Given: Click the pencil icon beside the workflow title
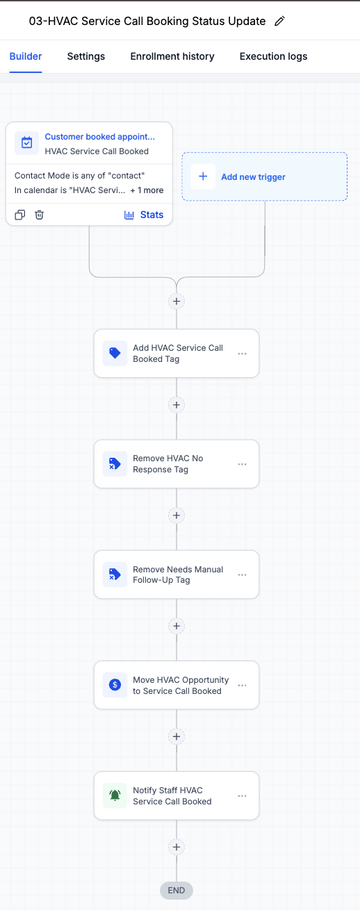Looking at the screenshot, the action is pyautogui.click(x=279, y=21).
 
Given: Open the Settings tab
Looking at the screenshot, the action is pyautogui.click(x=85, y=56).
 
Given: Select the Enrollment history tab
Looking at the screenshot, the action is pyautogui.click(x=172, y=56).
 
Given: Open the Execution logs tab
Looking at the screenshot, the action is pyautogui.click(x=273, y=56).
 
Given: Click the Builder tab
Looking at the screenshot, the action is pyautogui.click(x=26, y=56).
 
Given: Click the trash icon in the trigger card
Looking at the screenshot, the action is pyautogui.click(x=39, y=215).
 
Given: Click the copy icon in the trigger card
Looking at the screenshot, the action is pyautogui.click(x=20, y=215).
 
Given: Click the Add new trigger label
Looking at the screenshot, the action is pyautogui.click(x=253, y=176).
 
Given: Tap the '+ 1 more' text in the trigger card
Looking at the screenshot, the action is pyautogui.click(x=147, y=190).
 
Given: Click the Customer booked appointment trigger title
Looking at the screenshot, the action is pyautogui.click(x=99, y=137).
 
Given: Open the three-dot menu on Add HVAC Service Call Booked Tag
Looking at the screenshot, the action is pyautogui.click(x=242, y=354).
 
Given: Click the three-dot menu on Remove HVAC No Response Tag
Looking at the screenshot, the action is pyautogui.click(x=242, y=464).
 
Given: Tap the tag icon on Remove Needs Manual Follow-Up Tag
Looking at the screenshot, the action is pyautogui.click(x=115, y=574).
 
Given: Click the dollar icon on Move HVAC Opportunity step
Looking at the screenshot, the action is pyautogui.click(x=115, y=685).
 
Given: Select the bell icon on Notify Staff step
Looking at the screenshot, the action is pyautogui.click(x=115, y=795).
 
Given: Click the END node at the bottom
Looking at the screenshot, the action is pyautogui.click(x=177, y=891).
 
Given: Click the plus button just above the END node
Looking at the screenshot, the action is pyautogui.click(x=177, y=847).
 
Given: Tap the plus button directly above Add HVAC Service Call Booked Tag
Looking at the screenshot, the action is pyautogui.click(x=177, y=301).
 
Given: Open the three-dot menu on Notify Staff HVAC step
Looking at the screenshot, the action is pyautogui.click(x=242, y=796).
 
